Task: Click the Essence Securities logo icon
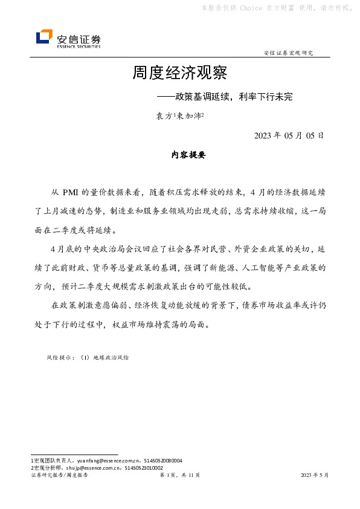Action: pyautogui.click(x=44, y=38)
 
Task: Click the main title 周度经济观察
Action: pyautogui.click(x=180, y=74)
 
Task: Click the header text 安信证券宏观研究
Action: pyautogui.click(x=288, y=53)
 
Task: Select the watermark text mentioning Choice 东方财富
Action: pyautogui.click(x=278, y=8)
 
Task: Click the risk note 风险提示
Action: pyautogui.click(x=58, y=358)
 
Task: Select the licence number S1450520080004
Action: pyautogui.click(x=162, y=461)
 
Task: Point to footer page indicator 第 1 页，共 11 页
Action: pyautogui.click(x=179, y=476)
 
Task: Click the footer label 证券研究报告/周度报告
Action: pyautogui.click(x=59, y=476)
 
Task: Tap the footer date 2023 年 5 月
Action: pyautogui.click(x=315, y=476)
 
